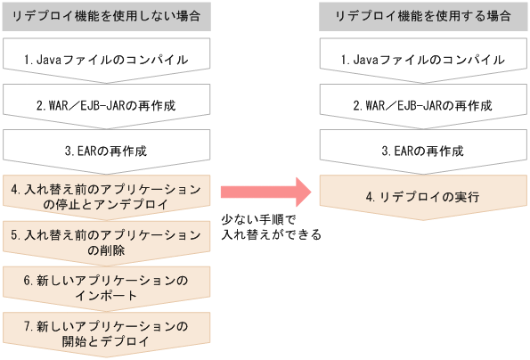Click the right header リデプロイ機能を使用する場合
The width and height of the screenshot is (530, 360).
pos(423,16)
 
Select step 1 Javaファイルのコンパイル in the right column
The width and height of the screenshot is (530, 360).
pos(423,60)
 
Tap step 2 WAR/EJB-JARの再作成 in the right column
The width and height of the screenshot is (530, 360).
pos(423,105)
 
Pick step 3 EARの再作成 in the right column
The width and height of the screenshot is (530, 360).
pos(423,151)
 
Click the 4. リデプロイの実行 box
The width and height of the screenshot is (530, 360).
pos(423,196)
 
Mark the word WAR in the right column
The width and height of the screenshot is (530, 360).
pos(379,105)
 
